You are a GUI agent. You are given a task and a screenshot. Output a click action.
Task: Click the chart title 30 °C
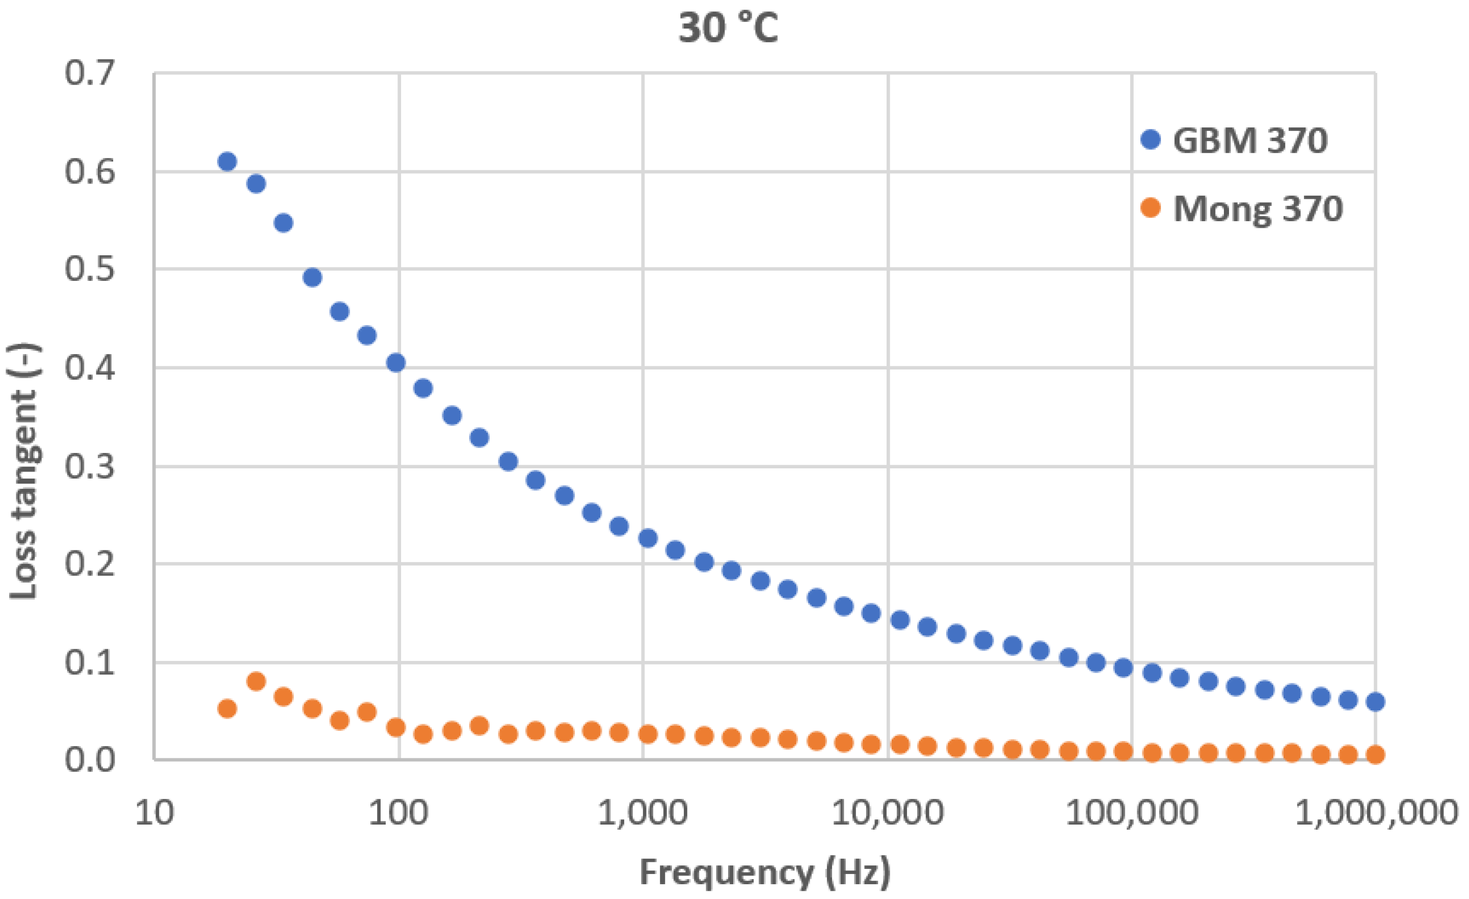[x=728, y=28]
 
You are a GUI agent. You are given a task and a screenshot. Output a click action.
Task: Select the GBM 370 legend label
[x=1249, y=141]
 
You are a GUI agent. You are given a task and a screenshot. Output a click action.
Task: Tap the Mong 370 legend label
[x=1258, y=209]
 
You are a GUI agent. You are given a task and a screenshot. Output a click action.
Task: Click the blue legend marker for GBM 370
[x=1150, y=140]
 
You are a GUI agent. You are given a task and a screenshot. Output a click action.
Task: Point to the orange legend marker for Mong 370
[x=1150, y=208]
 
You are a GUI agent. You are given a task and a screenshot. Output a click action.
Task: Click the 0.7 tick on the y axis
[x=90, y=73]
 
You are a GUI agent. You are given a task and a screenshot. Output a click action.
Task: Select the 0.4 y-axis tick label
[x=90, y=368]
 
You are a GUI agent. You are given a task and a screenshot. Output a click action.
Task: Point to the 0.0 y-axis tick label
[x=90, y=760]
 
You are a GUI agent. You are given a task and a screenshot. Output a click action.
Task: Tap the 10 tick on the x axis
[x=154, y=812]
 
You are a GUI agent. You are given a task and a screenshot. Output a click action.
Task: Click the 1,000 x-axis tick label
[x=643, y=812]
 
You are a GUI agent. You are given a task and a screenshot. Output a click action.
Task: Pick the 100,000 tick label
[x=1131, y=812]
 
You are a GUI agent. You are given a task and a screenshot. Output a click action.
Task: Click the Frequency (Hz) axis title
[x=765, y=872]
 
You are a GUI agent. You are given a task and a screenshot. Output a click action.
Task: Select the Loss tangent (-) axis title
[x=24, y=471]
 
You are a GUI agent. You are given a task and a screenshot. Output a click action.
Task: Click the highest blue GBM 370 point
[x=227, y=162]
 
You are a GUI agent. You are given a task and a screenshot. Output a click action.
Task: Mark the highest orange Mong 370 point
[x=256, y=681]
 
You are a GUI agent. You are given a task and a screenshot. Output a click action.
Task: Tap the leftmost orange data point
[x=227, y=709]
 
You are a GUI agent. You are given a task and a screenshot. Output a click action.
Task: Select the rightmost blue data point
[x=1375, y=702]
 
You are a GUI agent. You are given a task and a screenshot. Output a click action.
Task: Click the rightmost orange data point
[x=1375, y=755]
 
